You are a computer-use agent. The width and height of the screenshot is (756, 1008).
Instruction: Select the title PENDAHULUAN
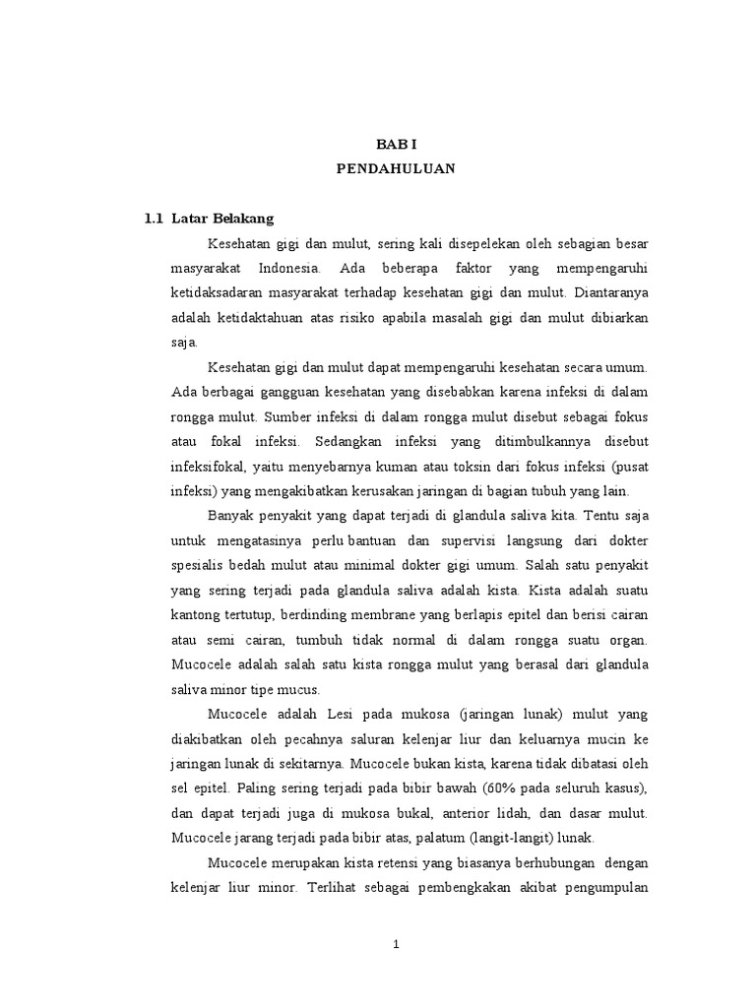395,168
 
